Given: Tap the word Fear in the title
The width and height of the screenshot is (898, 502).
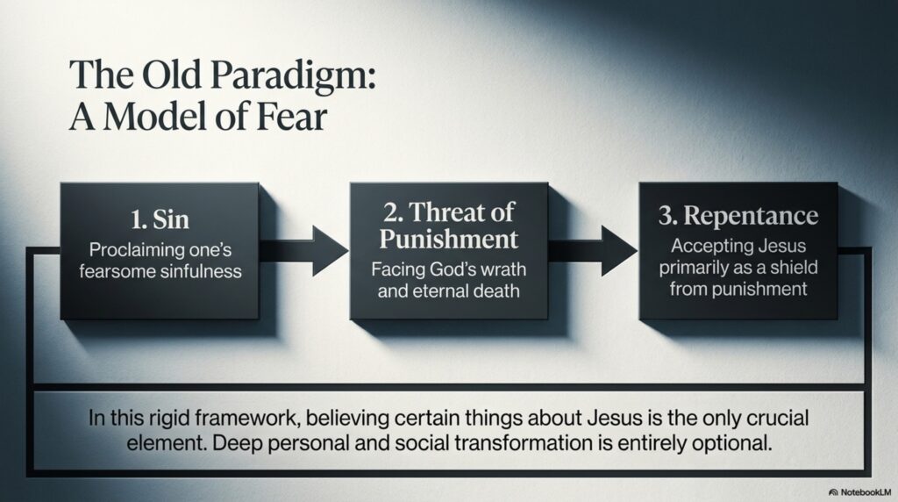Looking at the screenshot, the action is [291, 117].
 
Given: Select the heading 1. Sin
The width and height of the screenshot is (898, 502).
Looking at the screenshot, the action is [160, 219].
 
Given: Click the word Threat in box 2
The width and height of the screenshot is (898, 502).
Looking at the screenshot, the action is [446, 212].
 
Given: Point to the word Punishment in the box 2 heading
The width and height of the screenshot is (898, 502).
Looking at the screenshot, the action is [448, 239].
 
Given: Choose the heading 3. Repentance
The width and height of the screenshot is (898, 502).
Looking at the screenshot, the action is [738, 216].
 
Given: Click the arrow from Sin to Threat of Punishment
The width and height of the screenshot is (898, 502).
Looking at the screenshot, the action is [303, 250].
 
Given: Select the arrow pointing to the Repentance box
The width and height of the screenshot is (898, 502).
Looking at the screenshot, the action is [593, 250].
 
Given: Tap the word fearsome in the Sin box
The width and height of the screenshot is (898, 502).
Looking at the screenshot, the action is [117, 271].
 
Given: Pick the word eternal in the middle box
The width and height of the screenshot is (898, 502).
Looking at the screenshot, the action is [445, 291].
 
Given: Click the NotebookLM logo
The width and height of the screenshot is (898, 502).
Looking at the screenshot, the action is [860, 492].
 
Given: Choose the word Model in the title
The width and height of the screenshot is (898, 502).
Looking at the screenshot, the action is [154, 117].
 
